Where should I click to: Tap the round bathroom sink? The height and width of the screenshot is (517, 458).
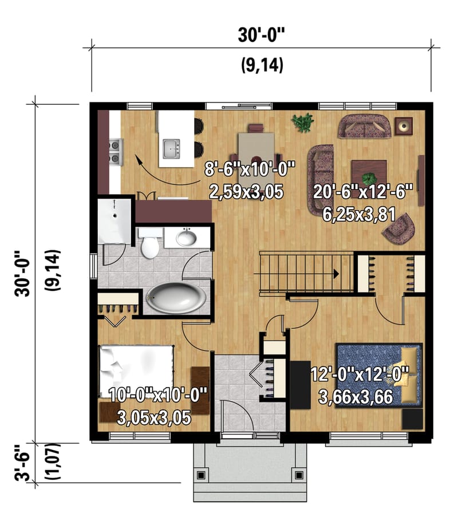tap(187, 237)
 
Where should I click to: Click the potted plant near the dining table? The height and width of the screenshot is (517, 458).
tap(302, 122)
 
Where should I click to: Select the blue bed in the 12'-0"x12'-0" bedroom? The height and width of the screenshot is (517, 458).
tap(378, 374)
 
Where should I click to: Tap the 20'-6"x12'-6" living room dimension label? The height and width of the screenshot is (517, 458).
tap(363, 191)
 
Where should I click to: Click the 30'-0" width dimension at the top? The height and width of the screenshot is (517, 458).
tap(261, 35)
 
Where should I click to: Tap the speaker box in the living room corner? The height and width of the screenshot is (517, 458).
tap(405, 125)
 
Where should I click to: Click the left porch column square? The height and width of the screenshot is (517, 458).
tap(201, 475)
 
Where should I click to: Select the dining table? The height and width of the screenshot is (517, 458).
tap(256, 146)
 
